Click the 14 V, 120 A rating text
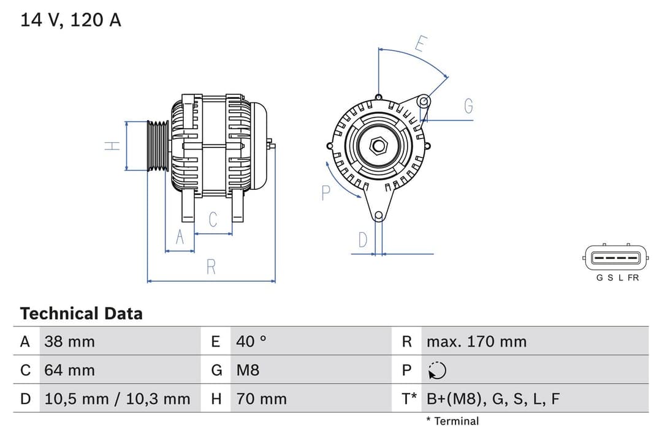pyautogui.click(x=71, y=20)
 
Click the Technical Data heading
pyautogui.click(x=81, y=314)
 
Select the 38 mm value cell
pyautogui.click(x=69, y=341)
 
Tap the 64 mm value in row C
pyautogui.click(x=69, y=370)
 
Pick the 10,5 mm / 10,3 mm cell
pyautogui.click(x=117, y=399)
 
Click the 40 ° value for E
pyautogui.click(x=251, y=341)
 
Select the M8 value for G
pyautogui.click(x=248, y=370)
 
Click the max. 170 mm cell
pyautogui.click(x=476, y=341)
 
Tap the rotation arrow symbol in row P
pyautogui.click(x=437, y=371)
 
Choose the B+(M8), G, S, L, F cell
pyautogui.click(x=493, y=399)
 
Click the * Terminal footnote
pyautogui.click(x=452, y=421)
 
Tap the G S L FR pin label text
pyautogui.click(x=617, y=277)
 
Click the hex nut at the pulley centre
pyautogui.click(x=379, y=145)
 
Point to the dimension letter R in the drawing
pyautogui.click(x=211, y=267)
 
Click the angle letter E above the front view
pyautogui.click(x=420, y=43)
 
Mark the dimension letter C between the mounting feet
pyautogui.click(x=213, y=219)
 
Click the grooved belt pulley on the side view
pyautogui.click(x=158, y=146)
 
